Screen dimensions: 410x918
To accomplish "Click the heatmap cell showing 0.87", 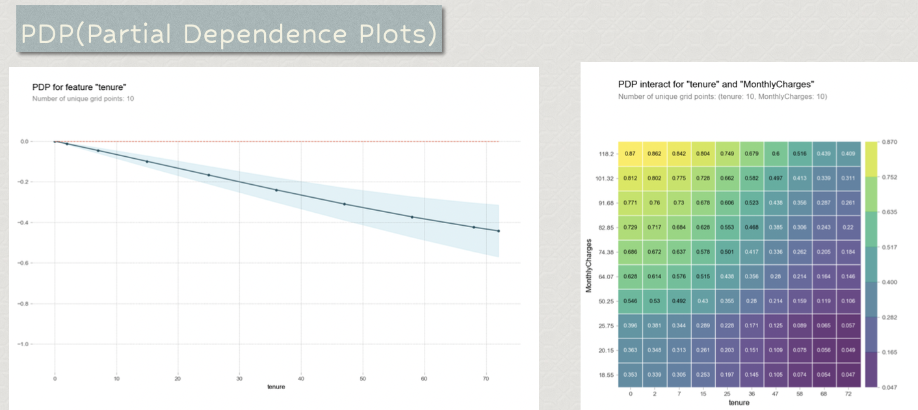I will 630,154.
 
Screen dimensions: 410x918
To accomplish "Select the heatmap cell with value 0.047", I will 848,375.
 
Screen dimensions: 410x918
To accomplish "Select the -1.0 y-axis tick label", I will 40,344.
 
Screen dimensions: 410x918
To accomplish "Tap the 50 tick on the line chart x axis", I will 363,378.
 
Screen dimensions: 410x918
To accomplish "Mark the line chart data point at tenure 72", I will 499,231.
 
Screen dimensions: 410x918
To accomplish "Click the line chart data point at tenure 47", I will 345,204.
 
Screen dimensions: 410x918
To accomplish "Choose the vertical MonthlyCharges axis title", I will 589,264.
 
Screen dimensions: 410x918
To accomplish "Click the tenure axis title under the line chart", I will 276,387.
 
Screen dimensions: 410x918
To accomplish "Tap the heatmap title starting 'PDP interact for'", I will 716,85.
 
